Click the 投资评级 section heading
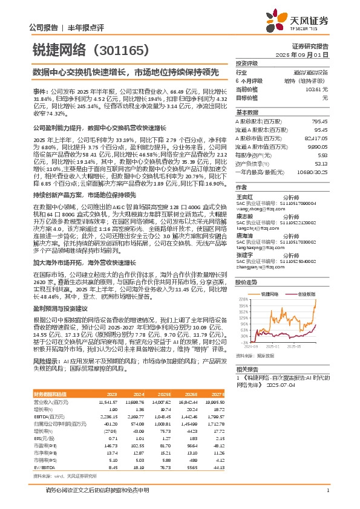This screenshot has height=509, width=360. [x=247, y=63]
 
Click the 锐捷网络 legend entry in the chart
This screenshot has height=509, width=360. [x=269, y=293]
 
